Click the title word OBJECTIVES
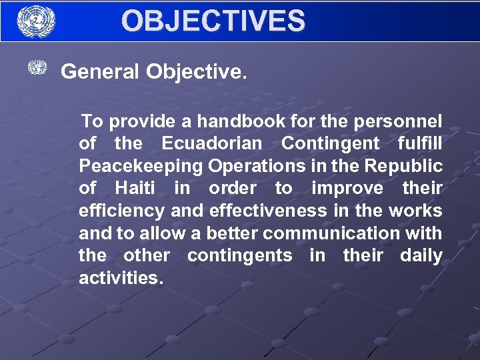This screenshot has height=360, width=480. (x=213, y=21)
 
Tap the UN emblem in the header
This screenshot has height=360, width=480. (x=36, y=21)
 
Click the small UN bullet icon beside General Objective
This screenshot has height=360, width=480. (x=37, y=68)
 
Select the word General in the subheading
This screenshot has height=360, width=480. (x=101, y=71)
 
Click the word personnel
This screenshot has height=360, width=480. (x=403, y=121)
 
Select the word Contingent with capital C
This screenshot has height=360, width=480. (x=331, y=143)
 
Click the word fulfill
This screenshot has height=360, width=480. (x=419, y=143)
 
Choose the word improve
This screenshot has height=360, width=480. (x=347, y=189)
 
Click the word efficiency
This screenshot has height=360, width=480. (x=122, y=211)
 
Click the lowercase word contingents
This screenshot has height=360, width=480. (x=239, y=255)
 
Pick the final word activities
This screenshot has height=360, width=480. (x=121, y=278)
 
